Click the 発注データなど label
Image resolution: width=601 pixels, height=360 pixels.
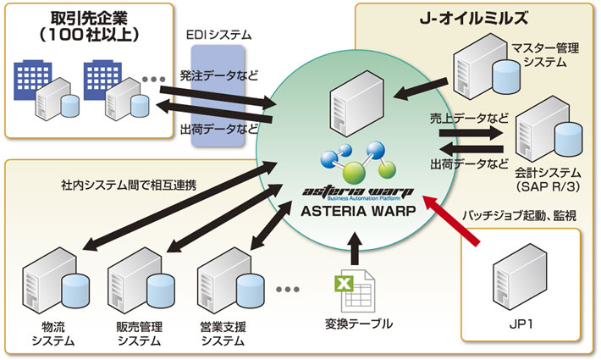click(218, 75)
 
